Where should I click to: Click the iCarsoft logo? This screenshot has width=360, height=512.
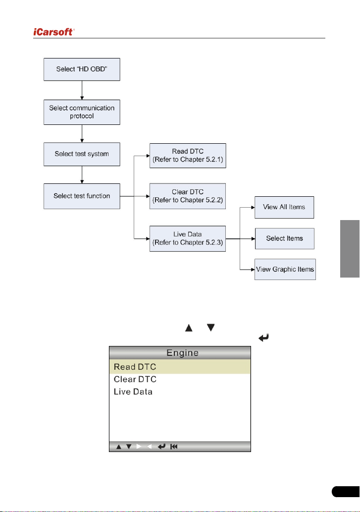click(54, 32)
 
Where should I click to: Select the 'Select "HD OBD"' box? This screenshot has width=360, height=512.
click(82, 69)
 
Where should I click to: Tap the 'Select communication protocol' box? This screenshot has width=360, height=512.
click(82, 112)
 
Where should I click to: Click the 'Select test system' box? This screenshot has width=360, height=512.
click(82, 154)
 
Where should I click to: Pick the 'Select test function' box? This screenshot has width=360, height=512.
click(82, 196)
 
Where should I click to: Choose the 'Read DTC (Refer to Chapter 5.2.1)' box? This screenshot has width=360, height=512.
click(188, 156)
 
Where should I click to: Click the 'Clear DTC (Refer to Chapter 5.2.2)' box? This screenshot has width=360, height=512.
click(188, 196)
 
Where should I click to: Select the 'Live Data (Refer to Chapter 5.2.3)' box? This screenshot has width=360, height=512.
click(188, 239)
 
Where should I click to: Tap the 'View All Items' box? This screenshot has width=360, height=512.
click(284, 207)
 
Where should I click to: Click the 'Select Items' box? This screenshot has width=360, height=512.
click(285, 239)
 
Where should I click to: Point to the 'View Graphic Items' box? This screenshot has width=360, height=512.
click(285, 270)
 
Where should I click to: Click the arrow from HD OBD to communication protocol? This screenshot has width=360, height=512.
click(82, 90)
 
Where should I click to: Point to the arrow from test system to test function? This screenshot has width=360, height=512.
click(82, 174)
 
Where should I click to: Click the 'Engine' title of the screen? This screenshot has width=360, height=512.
click(182, 353)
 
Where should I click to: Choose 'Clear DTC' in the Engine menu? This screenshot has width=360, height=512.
click(135, 379)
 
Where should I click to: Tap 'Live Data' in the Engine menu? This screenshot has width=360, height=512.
click(133, 392)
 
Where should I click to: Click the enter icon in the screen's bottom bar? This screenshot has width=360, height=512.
click(161, 447)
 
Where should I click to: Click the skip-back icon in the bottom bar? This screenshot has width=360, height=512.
click(174, 447)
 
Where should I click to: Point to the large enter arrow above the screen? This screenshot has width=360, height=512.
click(263, 338)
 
